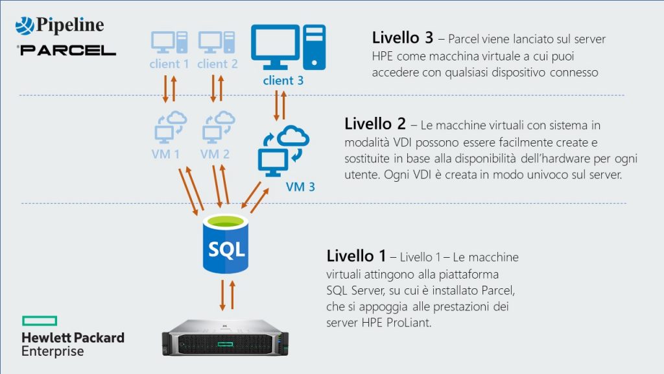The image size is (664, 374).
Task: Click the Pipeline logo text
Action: [70, 25]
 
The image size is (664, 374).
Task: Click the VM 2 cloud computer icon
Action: [217, 126]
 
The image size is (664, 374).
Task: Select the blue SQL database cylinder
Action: [226, 245]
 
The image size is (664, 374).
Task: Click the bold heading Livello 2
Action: [375, 123]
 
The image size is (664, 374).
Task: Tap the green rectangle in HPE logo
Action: [40, 320]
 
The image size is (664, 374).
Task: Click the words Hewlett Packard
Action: [73, 338]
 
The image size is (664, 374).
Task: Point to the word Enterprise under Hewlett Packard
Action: [53, 352]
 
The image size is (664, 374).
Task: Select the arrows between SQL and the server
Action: [225, 295]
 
